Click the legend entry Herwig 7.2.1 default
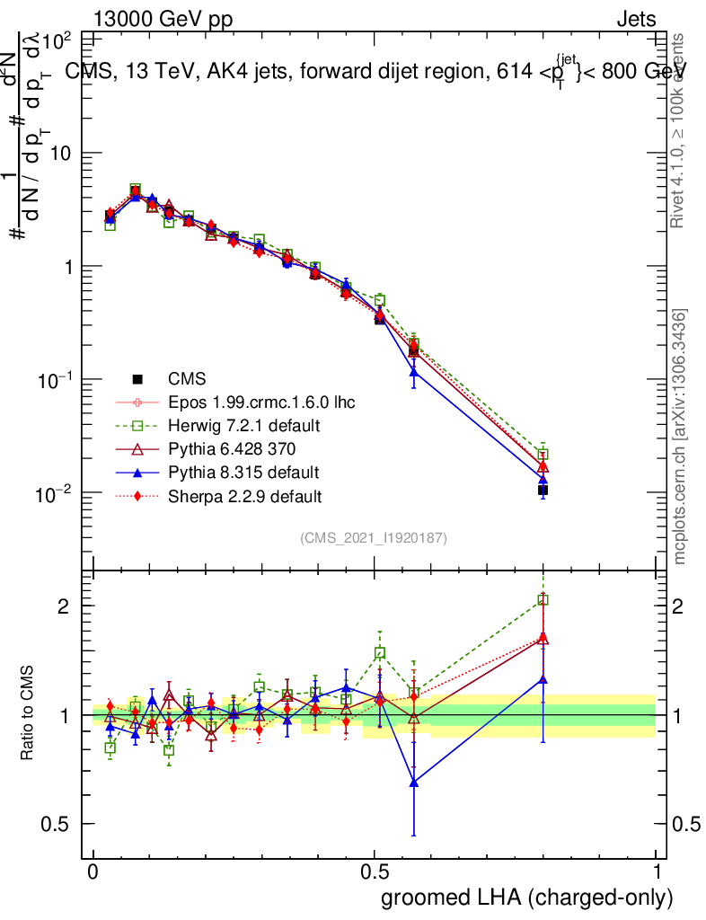coord(244,425)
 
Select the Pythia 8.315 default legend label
coord(243,472)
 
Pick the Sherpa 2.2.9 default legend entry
coord(245,495)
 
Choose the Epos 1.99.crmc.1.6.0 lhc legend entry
coord(260,402)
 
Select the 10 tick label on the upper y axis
coord(59,154)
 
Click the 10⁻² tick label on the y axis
coord(54,493)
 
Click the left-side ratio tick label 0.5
coord(55,824)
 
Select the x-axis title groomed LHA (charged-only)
coord(527,898)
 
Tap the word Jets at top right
coord(635,20)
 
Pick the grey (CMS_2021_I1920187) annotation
coord(374,538)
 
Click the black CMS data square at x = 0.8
coord(543,490)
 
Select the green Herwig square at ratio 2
coord(543,600)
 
